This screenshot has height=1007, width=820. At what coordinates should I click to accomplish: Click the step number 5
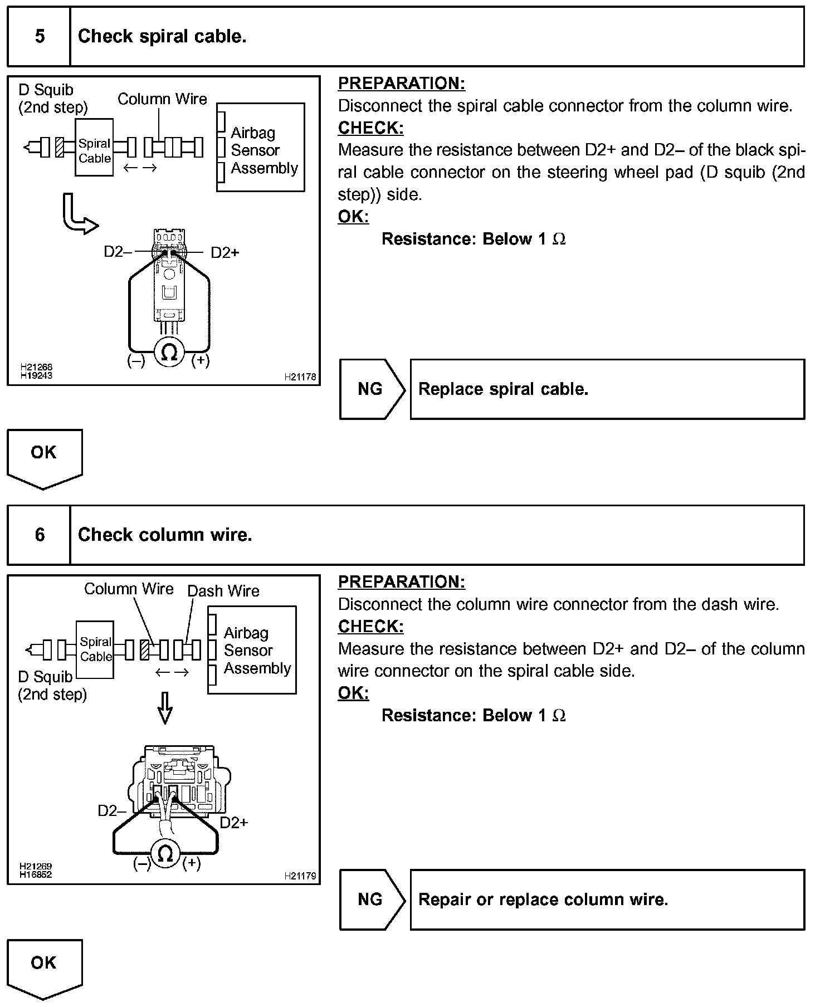40,37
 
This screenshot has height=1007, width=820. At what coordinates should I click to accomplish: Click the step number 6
40,535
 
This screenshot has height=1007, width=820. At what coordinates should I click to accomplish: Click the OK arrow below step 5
44,456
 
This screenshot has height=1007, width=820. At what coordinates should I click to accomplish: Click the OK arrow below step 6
44,966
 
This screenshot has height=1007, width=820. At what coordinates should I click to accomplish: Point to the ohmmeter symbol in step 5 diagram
169,352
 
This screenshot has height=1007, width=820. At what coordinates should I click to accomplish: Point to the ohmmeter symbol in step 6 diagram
165,854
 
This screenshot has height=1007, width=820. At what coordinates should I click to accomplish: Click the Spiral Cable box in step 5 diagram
94,148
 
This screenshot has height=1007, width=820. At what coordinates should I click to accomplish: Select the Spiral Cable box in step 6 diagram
95,649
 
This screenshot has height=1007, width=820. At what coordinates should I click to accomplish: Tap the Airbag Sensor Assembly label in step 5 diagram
263,150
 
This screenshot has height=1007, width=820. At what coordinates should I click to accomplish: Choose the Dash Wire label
223,591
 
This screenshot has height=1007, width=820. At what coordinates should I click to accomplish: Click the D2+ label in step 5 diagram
225,253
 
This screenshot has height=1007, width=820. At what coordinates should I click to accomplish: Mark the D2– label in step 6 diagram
111,810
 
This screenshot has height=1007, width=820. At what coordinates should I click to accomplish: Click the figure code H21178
300,377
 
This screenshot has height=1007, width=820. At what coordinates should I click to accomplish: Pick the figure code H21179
300,876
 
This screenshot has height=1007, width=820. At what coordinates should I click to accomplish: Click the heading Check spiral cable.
162,37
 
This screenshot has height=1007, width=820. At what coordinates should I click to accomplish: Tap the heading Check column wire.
165,535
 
